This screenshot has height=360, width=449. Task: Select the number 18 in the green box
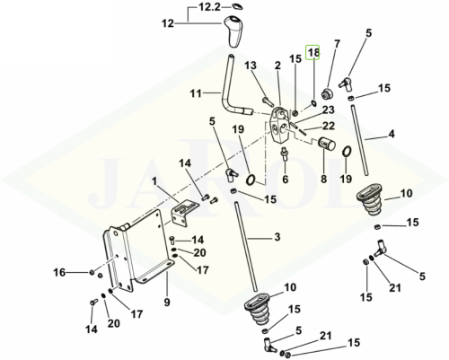pyautogui.click(x=313, y=53)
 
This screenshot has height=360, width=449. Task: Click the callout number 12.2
pyautogui.click(x=210, y=6)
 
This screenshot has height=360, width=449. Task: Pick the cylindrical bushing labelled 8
pyautogui.click(x=326, y=145)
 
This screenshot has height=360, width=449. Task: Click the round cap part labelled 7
pyautogui.click(x=327, y=94)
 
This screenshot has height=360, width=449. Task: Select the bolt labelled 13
pyautogui.click(x=268, y=101)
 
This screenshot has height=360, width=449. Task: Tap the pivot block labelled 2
pyautogui.click(x=279, y=123)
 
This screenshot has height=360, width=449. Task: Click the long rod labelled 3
pyautogui.click(x=246, y=245)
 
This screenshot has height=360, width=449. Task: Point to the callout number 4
pyautogui.click(x=392, y=134)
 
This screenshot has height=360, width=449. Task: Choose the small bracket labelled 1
pyautogui.click(x=181, y=213)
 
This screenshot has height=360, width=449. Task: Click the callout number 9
pyautogui.click(x=167, y=302)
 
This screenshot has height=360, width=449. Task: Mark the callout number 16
pyautogui.click(x=59, y=272)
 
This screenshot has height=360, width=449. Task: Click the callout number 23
pyautogui.click(x=328, y=110)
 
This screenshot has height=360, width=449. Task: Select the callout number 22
pyautogui.click(x=329, y=126)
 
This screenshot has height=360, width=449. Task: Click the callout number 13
pyautogui.click(x=251, y=66)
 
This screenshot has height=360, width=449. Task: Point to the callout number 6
pyautogui.click(x=286, y=180)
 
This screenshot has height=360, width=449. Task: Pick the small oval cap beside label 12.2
pyautogui.click(x=236, y=6)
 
